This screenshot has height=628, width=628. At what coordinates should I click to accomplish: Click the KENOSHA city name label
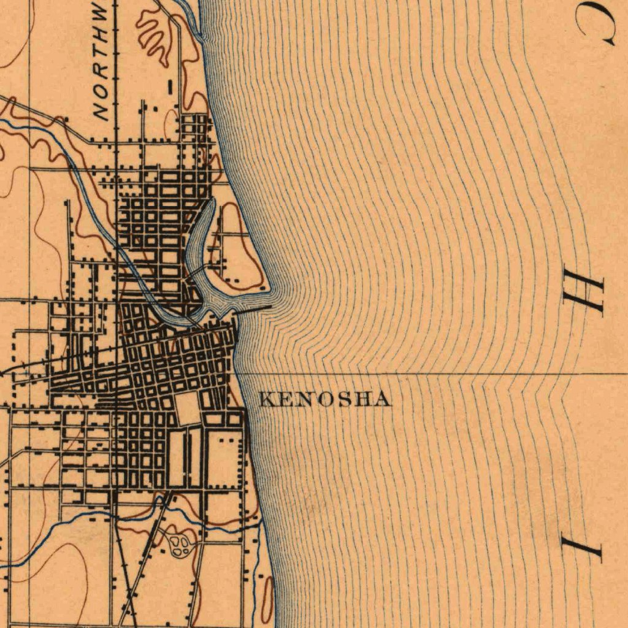[325, 400]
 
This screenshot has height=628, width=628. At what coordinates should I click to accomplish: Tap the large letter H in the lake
[583, 296]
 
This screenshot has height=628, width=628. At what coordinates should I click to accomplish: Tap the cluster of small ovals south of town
[180, 545]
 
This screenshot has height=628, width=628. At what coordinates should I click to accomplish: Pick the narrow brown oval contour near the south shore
[267, 599]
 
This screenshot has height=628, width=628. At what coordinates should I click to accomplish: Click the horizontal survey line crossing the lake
[429, 373]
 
